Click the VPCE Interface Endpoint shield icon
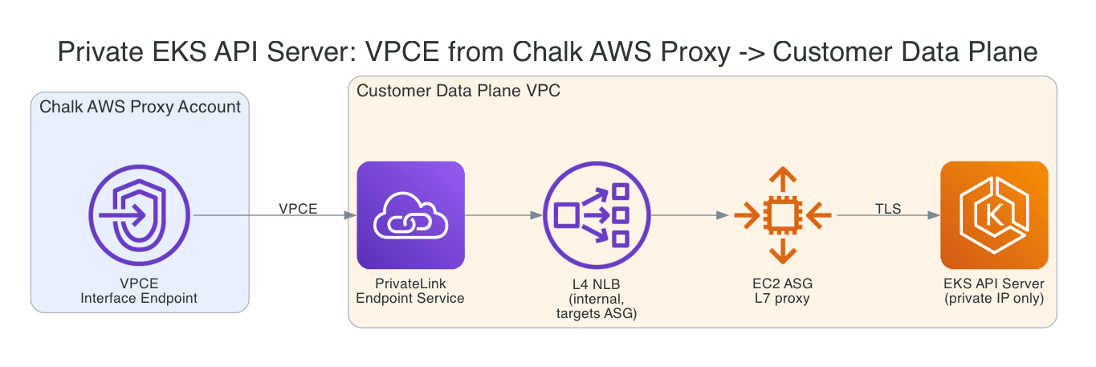(x=140, y=215)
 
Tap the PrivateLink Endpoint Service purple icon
(x=410, y=215)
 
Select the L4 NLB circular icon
(x=596, y=215)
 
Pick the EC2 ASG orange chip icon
(x=784, y=215)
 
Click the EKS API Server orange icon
(x=994, y=215)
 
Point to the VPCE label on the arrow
(x=298, y=209)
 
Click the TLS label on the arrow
(x=888, y=209)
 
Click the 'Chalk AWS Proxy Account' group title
(x=140, y=107)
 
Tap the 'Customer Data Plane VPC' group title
(x=458, y=91)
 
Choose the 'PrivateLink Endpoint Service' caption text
(x=410, y=291)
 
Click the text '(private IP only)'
(x=994, y=299)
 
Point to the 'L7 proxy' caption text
(x=784, y=299)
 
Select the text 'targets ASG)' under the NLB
(x=596, y=313)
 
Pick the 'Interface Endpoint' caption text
(x=140, y=299)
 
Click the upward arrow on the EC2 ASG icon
(x=784, y=176)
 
